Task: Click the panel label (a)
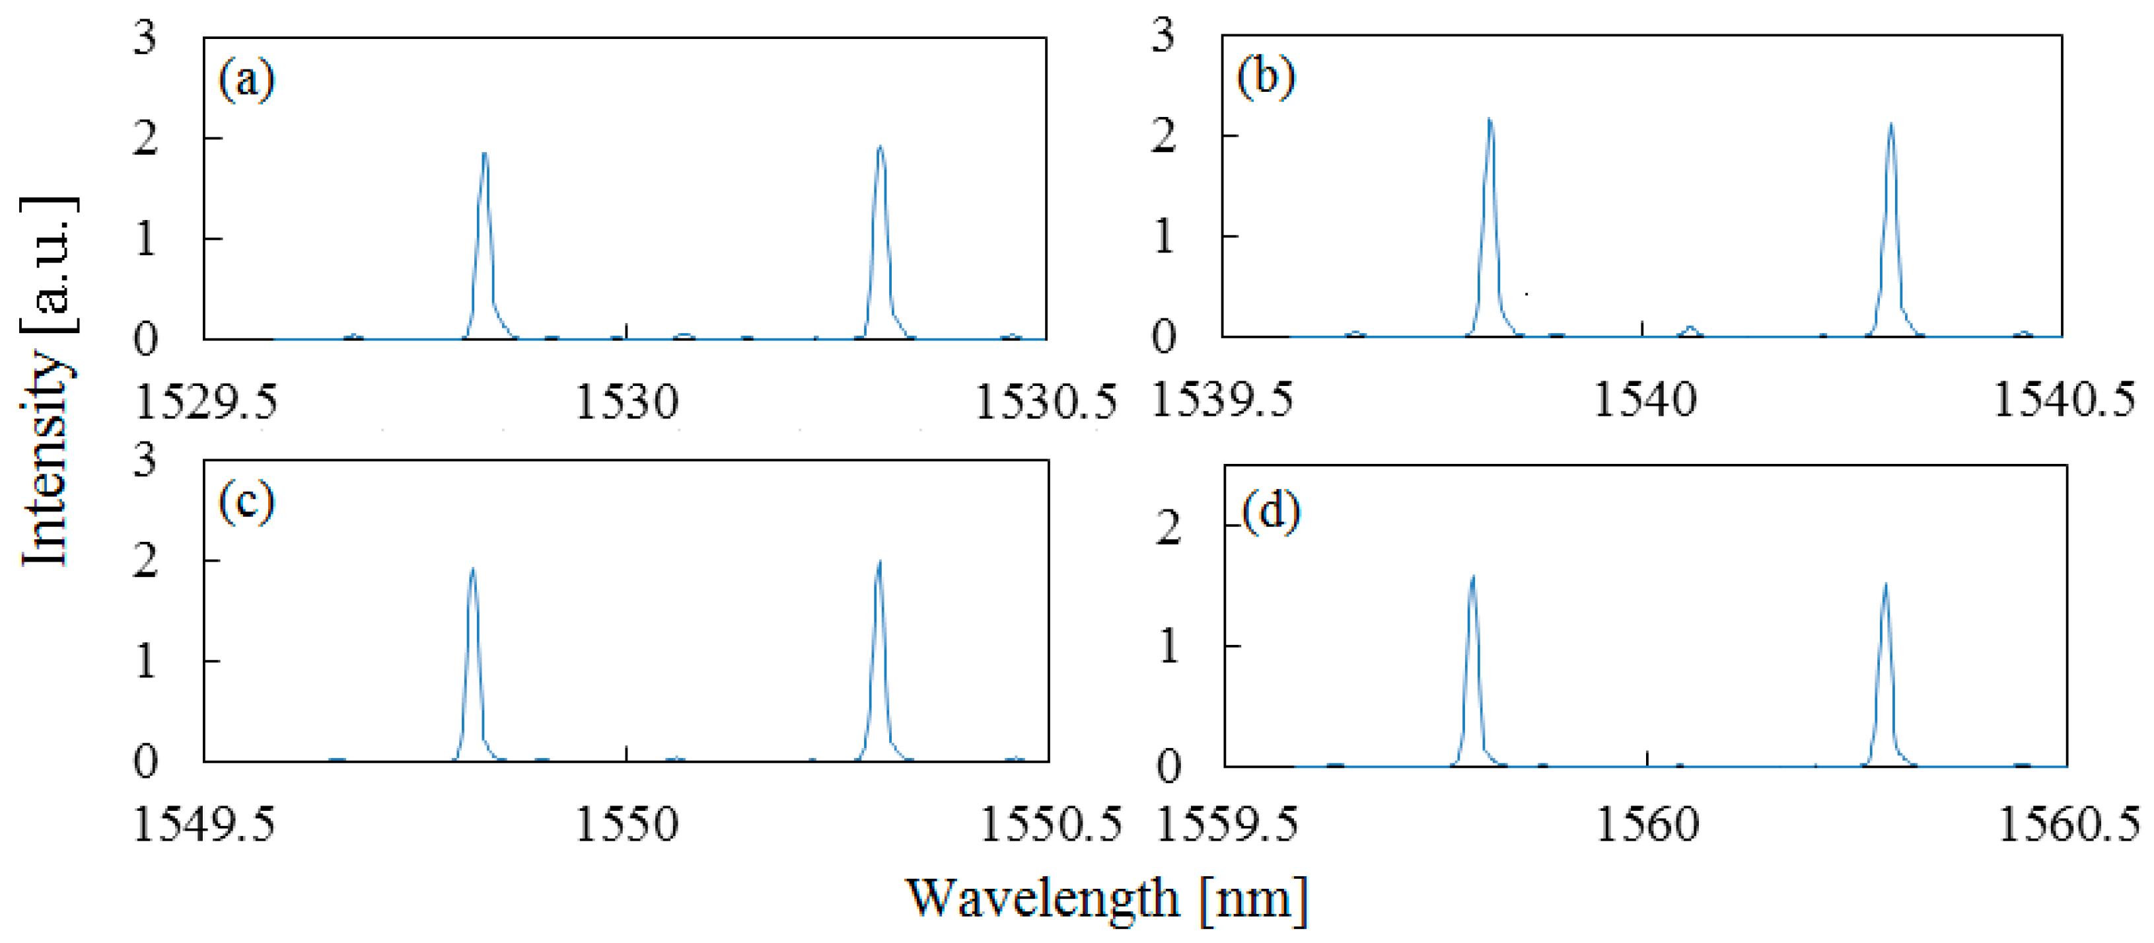click(246, 82)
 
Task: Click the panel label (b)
click(1266, 79)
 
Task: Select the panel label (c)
click(246, 504)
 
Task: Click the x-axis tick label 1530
click(626, 402)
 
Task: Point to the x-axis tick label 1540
click(1644, 400)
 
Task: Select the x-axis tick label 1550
click(626, 825)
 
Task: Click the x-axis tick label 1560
click(1647, 825)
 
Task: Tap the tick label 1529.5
click(205, 402)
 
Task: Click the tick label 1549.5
click(204, 825)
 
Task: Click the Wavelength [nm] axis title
click(1106, 900)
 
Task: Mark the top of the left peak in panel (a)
click(484, 154)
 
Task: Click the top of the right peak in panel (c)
click(879, 562)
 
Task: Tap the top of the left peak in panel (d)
click(1472, 576)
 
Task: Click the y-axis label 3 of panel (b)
click(1163, 37)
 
